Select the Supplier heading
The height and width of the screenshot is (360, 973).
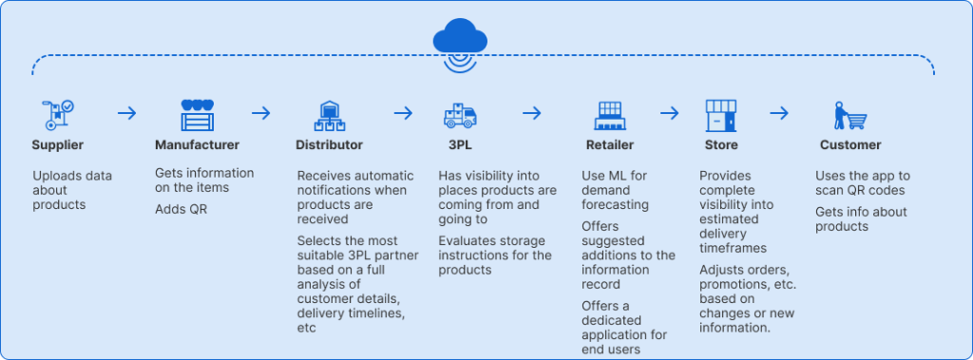click(58, 145)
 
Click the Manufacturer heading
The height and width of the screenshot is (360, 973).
click(197, 145)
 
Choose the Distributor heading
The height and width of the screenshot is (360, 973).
click(330, 145)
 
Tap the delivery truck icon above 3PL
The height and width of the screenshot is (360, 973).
click(460, 115)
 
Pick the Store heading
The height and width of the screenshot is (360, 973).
click(720, 145)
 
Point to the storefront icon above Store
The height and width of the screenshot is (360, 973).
click(721, 115)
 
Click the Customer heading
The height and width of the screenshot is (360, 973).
click(850, 145)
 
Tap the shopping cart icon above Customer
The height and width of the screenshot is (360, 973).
click(850, 115)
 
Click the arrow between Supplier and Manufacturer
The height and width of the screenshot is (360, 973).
click(126, 114)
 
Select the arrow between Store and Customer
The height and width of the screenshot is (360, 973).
click(779, 114)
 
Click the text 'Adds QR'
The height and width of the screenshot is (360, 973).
click(181, 209)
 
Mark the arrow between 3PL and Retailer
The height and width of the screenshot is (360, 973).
click(531, 114)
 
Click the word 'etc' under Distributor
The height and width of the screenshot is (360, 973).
click(306, 327)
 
